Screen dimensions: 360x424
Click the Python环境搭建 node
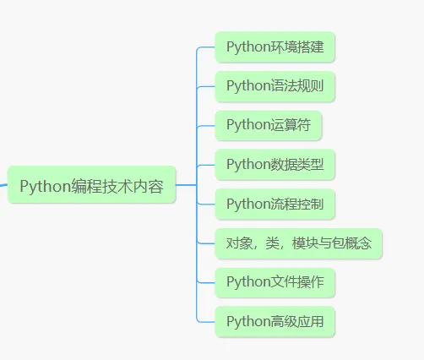tap(275, 46)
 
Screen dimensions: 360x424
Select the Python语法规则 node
tap(275, 85)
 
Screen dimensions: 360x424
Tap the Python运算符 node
tap(268, 125)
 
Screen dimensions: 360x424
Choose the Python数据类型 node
tap(275, 164)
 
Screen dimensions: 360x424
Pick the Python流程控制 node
tap(275, 204)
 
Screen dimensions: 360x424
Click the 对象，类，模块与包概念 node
tap(299, 243)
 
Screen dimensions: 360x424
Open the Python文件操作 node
tap(275, 282)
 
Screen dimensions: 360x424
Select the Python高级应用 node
tap(275, 322)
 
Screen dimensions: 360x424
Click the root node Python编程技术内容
tap(91, 185)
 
